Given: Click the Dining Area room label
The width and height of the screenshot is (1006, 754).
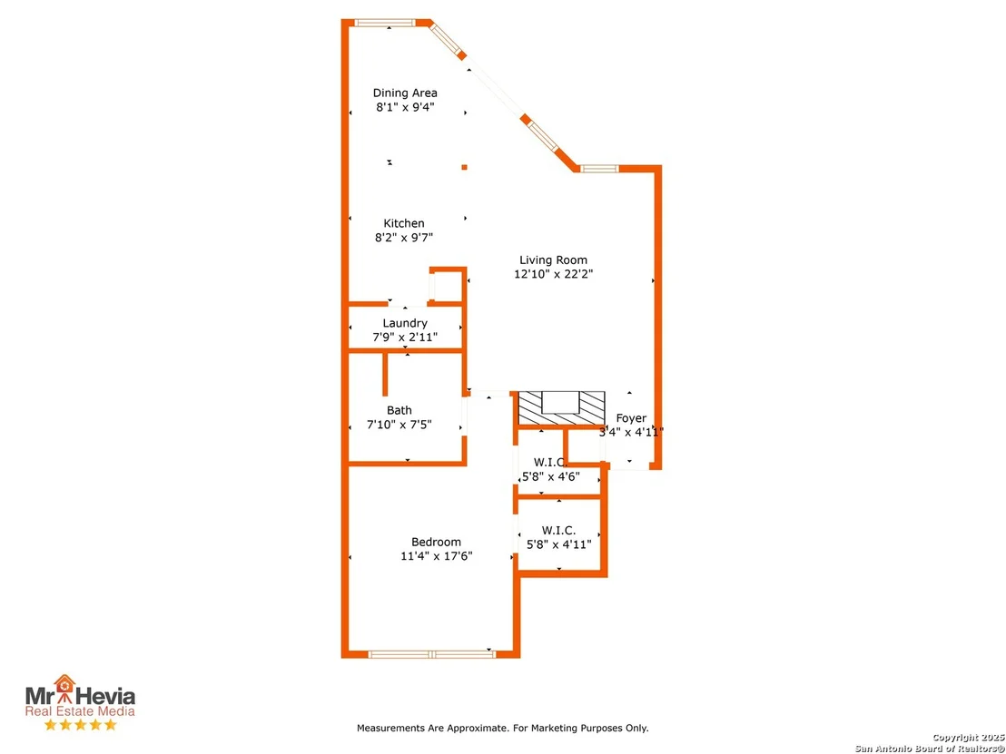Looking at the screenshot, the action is coord(405,93).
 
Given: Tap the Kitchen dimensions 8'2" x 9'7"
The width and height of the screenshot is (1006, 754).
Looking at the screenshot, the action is coord(404,238).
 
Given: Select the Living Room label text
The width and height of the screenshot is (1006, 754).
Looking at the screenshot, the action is coord(553,260).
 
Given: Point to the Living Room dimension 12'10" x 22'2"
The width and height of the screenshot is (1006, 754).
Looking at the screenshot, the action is coord(553,274).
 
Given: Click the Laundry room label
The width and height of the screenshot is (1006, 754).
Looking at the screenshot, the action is coord(405,323).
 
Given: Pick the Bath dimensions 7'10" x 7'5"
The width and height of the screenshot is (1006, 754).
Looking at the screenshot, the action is coord(399,425).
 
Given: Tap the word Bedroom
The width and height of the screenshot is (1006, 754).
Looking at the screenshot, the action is coord(437,543).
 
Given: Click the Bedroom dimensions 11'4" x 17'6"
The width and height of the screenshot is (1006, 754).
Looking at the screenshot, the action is coord(437,556).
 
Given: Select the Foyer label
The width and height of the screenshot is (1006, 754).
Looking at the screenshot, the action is coord(631,418).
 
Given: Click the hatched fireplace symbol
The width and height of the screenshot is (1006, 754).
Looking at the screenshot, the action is coord(561,407).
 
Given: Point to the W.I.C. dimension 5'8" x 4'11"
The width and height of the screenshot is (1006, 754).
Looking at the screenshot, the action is coord(558,545).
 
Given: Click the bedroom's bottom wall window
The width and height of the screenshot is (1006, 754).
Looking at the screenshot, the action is coord(432,654).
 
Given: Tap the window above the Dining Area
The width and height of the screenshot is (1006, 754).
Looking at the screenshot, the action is coord(386,23).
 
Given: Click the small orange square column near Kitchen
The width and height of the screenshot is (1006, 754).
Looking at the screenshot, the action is coord(465,167).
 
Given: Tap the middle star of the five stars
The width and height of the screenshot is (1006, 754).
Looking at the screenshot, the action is coord(80,725).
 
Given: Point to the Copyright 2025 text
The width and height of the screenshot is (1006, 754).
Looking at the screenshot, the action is coord(968,738).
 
